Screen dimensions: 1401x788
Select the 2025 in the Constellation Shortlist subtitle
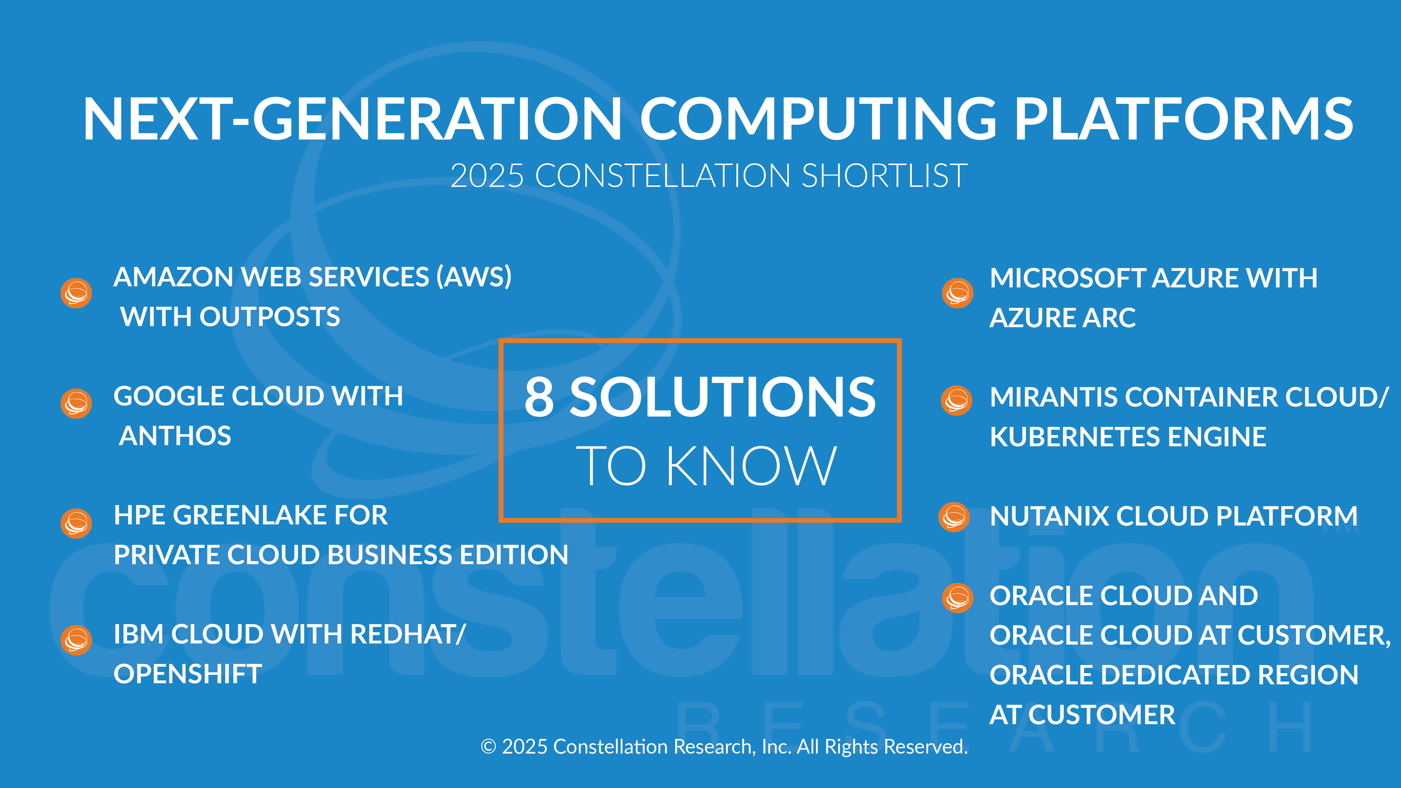487,176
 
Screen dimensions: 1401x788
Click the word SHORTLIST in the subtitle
884,176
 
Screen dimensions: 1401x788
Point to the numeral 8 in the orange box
539,398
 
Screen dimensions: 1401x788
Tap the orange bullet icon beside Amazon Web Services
76,293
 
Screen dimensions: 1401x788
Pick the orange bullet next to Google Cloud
76,403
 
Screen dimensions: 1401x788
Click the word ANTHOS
175,436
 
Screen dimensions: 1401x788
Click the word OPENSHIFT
188,674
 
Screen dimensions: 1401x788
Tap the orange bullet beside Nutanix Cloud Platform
954,517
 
